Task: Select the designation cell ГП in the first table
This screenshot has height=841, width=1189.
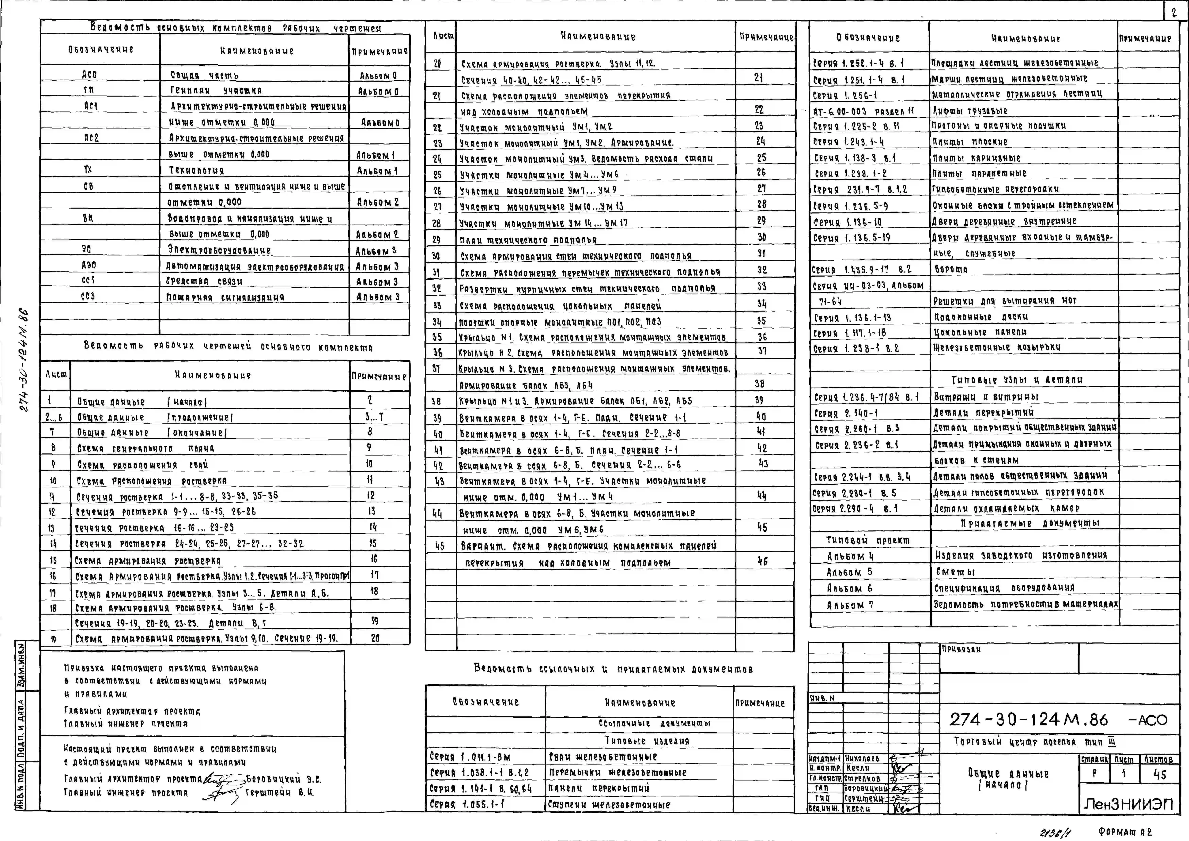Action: click(x=89, y=90)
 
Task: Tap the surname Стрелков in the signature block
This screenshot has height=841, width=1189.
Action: click(x=862, y=778)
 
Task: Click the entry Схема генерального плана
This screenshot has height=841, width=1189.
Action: click(x=146, y=449)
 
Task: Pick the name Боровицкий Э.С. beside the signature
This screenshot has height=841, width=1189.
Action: click(x=283, y=779)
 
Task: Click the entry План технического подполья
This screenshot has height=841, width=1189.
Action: click(x=528, y=240)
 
